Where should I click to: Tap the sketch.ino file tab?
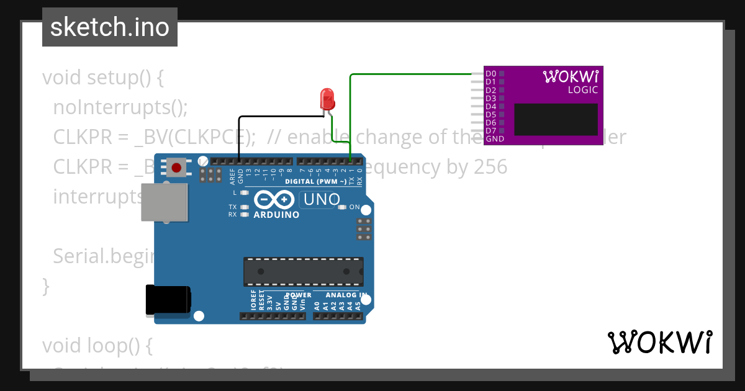110,27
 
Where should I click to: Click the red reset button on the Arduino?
176,168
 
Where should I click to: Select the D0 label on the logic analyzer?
490,73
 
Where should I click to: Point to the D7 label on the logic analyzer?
490,130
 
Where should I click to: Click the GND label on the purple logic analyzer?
495,139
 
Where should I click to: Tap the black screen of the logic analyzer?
556,119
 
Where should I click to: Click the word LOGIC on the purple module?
583,90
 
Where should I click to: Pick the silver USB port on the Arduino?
164,202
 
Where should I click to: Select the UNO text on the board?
320,199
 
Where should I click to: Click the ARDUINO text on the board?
276,215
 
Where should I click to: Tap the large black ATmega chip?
303,271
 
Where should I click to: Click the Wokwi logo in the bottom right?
659,342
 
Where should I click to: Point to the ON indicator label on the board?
354,207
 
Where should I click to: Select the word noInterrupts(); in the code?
120,107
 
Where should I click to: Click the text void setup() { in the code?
102,78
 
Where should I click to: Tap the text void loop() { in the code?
97,345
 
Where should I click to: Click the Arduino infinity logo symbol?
274,200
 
